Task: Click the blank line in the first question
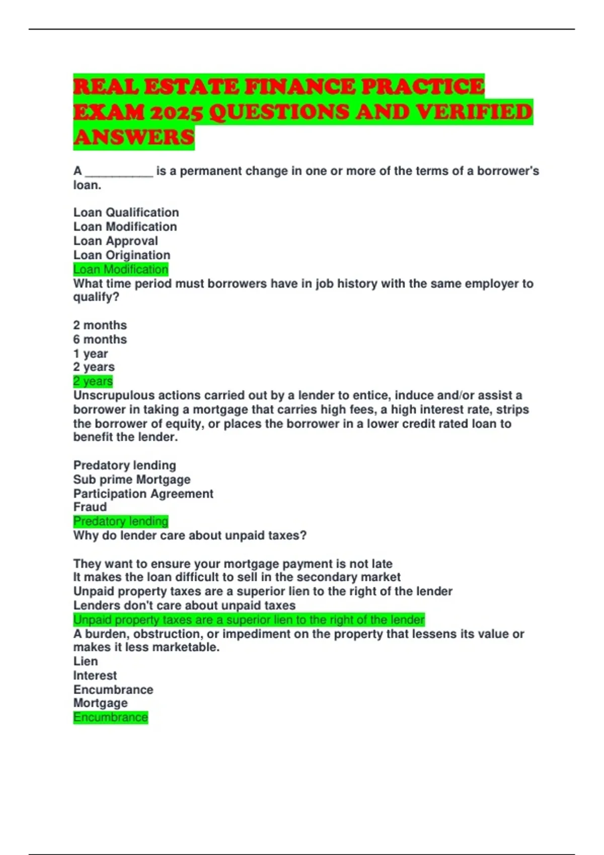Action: coord(119,172)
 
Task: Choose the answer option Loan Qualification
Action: coord(126,212)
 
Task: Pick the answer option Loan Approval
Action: coord(115,241)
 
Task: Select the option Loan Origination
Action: coord(122,255)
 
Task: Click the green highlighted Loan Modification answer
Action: coord(121,270)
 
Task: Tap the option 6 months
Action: coord(100,339)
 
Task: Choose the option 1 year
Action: coord(91,354)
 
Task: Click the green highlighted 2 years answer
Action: coord(93,381)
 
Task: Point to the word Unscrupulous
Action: coord(114,395)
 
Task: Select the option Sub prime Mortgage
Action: coord(132,479)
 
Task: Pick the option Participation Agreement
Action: coord(143,493)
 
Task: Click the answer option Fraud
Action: coord(90,507)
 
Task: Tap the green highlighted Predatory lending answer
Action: coord(121,521)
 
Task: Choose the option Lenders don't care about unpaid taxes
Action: coord(184,605)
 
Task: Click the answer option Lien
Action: coord(86,661)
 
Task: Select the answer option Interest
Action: coord(95,675)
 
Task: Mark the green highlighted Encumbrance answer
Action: coord(111,717)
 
